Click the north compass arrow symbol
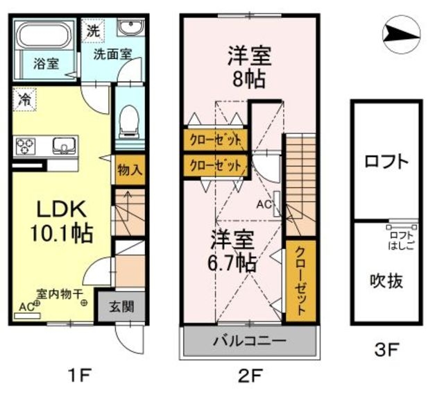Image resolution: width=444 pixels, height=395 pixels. (400, 32)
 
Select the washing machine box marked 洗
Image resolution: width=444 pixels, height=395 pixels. (93, 31)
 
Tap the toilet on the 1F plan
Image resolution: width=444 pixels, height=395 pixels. (128, 124)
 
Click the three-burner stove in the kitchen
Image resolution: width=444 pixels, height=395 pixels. (26, 146)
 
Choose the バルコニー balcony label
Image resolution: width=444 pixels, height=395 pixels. (249, 342)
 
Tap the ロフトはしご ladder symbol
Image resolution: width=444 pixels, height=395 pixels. (402, 225)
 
